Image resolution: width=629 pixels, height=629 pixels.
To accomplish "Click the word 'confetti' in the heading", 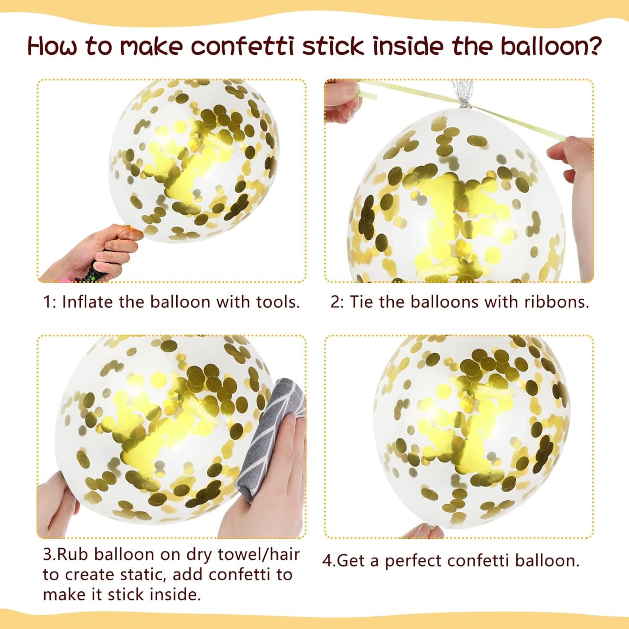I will [x=242, y=46].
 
